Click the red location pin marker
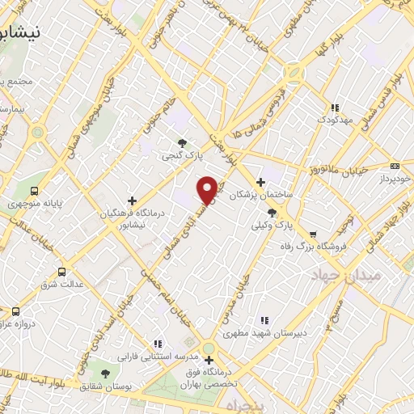(208, 190)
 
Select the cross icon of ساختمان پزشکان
(260, 182)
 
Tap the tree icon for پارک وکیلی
(272, 213)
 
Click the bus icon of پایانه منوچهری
(34, 191)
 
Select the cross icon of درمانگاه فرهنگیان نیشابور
(132, 200)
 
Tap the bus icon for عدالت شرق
(62, 272)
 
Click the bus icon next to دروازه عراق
(15, 311)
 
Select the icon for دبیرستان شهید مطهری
(264, 320)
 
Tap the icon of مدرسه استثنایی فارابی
(157, 344)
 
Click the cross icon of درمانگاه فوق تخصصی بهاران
(209, 361)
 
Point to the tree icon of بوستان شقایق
(105, 373)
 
